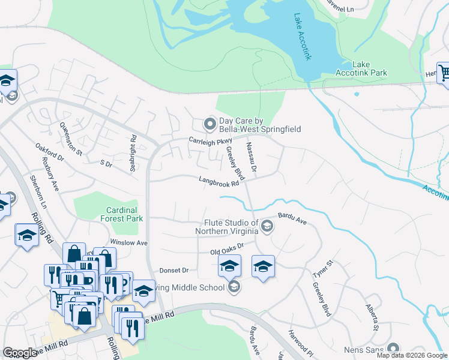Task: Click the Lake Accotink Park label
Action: [370, 68]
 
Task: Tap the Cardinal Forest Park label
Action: [125, 214]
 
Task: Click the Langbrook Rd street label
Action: [218, 181]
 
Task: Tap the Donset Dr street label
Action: [174, 271]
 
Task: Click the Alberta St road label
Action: [372, 317]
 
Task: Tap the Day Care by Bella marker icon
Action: [209, 124]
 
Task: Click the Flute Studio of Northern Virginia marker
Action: [267, 226]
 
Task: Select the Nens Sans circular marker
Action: [394, 349]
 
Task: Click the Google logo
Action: [20, 353]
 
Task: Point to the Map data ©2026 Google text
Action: [411, 355]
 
